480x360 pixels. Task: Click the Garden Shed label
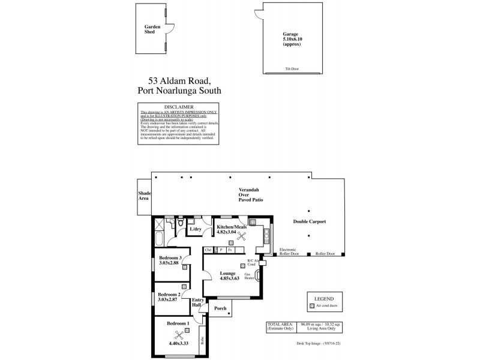tap(151, 30)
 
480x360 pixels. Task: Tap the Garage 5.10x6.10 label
tap(291, 38)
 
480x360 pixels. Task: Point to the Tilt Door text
tap(291, 69)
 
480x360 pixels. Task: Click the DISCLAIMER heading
tap(178, 107)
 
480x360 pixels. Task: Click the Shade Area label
tap(144, 195)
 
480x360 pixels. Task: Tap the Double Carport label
tap(309, 221)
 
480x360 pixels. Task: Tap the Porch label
tap(220, 308)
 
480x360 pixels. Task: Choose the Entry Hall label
tap(197, 303)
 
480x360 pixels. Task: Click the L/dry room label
tap(195, 229)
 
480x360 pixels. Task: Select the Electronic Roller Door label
tap(289, 252)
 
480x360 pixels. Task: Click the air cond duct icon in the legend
tap(311, 306)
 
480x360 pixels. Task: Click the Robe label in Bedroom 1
tap(202, 340)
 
